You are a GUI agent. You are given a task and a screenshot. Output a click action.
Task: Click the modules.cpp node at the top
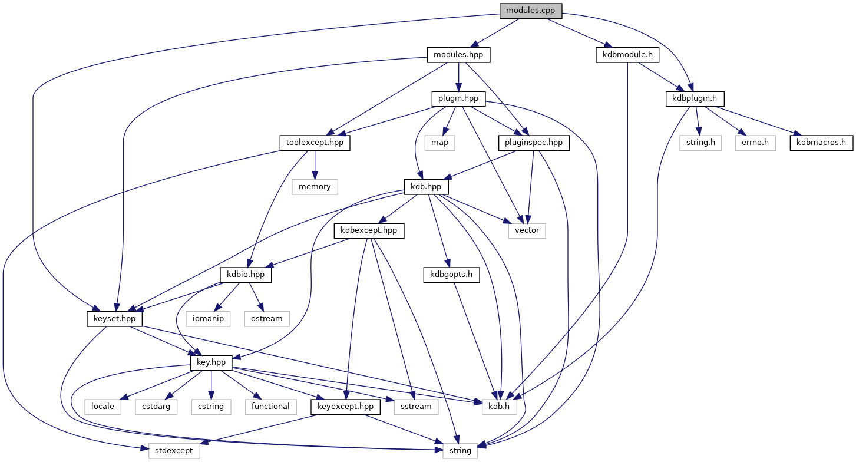pyautogui.click(x=530, y=11)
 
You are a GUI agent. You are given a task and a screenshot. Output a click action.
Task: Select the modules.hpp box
pyautogui.click(x=458, y=55)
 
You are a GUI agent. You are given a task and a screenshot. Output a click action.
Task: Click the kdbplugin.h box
pyautogui.click(x=695, y=98)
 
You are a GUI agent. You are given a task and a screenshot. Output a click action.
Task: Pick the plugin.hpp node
pyautogui.click(x=459, y=98)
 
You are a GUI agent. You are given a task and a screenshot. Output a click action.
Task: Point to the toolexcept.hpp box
pyautogui.click(x=314, y=143)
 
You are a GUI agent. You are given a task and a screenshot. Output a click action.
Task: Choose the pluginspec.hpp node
pyautogui.click(x=534, y=143)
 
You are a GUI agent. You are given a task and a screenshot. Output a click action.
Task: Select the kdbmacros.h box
pyautogui.click(x=821, y=143)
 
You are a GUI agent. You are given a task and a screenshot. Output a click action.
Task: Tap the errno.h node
pyautogui.click(x=756, y=143)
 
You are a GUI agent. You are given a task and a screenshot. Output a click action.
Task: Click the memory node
pyautogui.click(x=315, y=187)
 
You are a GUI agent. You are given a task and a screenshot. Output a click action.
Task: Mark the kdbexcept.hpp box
pyautogui.click(x=369, y=230)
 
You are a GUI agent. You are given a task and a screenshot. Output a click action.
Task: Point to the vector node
pyautogui.click(x=527, y=230)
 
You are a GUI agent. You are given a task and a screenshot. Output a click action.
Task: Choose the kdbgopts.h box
pyautogui.click(x=451, y=275)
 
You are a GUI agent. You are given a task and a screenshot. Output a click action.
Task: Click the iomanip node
pyautogui.click(x=210, y=318)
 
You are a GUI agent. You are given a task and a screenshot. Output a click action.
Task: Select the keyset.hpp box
pyautogui.click(x=114, y=318)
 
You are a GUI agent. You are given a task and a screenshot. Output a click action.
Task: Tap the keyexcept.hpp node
pyautogui.click(x=345, y=406)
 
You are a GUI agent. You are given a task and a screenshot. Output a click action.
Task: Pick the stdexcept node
pyautogui.click(x=174, y=450)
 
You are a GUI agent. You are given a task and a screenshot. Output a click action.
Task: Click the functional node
pyautogui.click(x=270, y=406)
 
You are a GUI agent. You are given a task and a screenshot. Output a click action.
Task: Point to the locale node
pyautogui.click(x=104, y=406)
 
